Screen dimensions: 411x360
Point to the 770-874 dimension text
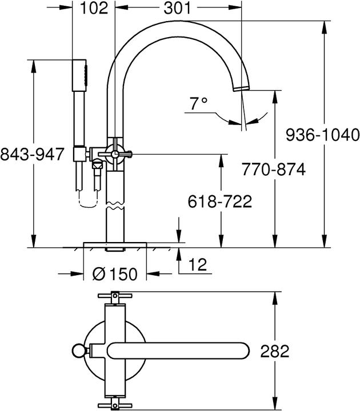(272, 170)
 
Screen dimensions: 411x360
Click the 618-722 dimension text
(220, 201)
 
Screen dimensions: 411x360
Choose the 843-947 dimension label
(32, 155)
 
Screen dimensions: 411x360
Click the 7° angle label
(198, 104)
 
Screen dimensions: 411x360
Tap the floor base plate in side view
(115, 245)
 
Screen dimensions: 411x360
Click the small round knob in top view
(77, 350)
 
